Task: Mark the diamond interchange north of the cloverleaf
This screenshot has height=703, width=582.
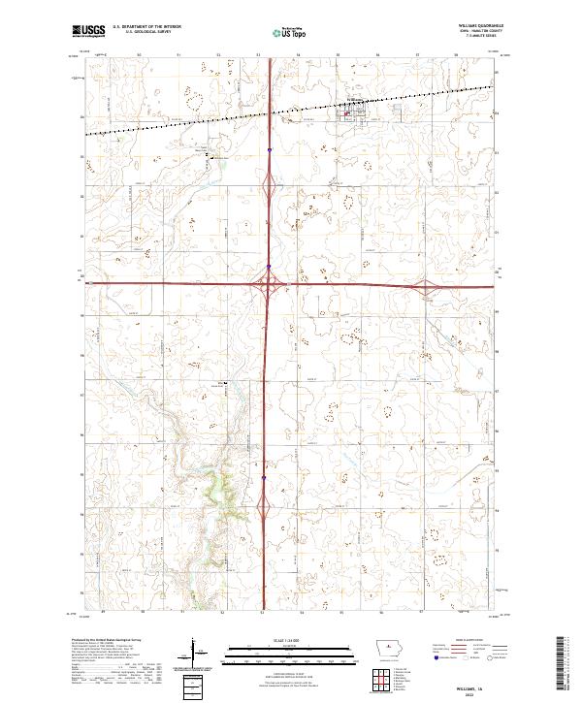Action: [268, 183]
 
